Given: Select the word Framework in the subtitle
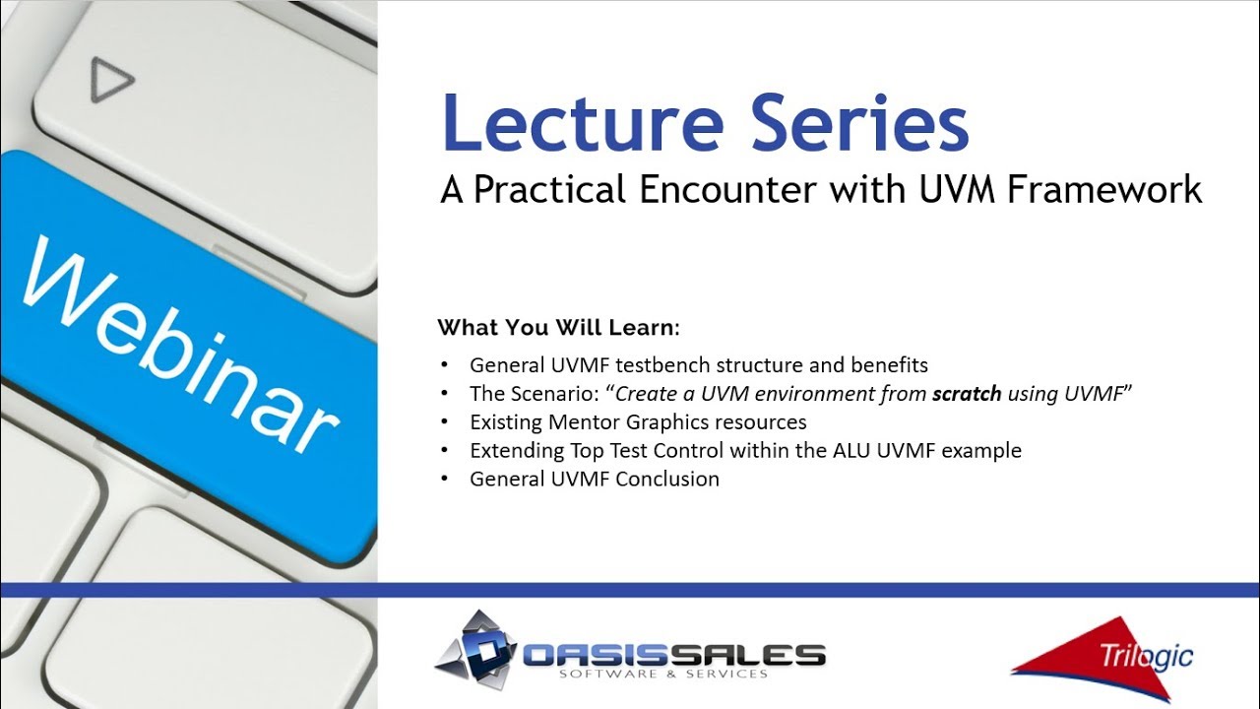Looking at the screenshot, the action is pos(1104,190).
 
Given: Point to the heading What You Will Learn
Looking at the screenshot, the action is pos(558,328).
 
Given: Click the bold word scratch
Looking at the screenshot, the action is pos(967,394).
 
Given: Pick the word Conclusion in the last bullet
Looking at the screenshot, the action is pos(667,479).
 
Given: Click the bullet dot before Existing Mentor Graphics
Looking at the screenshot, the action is pos(445,420).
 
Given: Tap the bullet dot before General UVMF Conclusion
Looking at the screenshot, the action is pos(445,479).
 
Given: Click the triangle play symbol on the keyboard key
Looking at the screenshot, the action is pos(111,80).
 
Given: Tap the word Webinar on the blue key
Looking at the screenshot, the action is pos(180,344).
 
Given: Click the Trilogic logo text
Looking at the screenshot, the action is pos(1146,656).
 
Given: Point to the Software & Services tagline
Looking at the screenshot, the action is pos(663,675).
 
